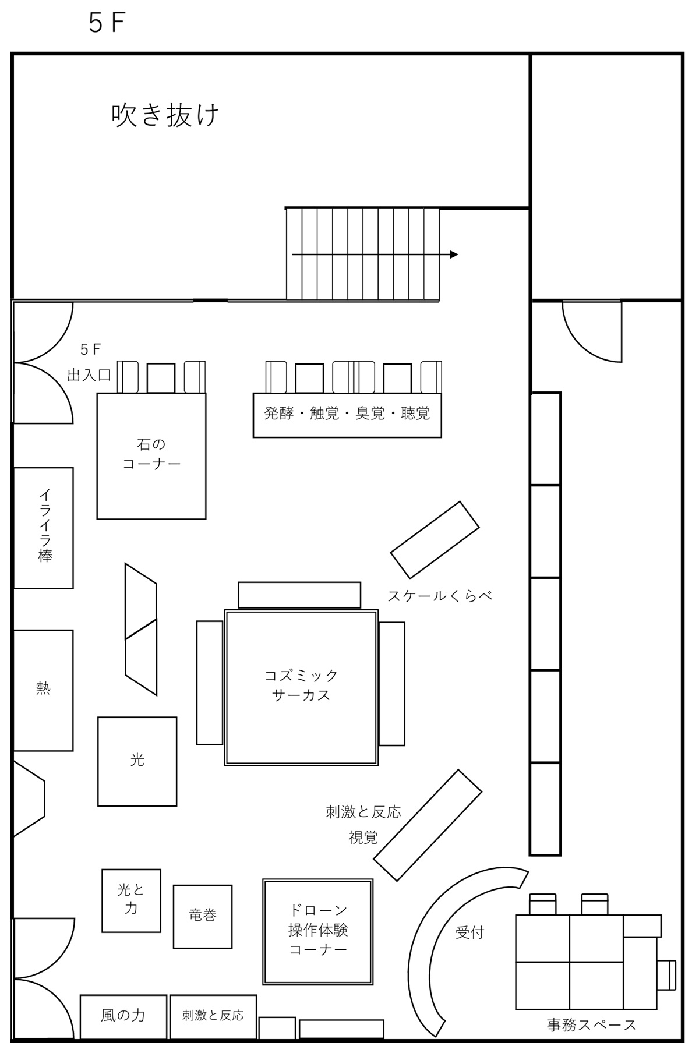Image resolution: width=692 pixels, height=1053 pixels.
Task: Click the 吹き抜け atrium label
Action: (165, 115)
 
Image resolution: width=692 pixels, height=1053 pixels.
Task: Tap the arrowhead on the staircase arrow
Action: (454, 255)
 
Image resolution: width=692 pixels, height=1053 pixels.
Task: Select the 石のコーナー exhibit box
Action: (151, 456)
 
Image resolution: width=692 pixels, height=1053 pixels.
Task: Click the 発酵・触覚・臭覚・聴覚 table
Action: (347, 415)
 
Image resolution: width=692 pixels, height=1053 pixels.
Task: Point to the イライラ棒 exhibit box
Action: (43, 528)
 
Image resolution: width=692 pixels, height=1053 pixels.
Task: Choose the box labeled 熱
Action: (43, 690)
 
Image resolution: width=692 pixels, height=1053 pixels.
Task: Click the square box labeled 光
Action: (137, 761)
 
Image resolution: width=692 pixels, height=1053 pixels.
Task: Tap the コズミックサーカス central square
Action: (301, 687)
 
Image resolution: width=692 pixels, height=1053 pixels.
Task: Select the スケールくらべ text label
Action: (440, 596)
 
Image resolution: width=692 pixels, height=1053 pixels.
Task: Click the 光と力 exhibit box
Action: (131, 900)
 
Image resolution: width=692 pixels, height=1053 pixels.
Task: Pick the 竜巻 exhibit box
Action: (203, 916)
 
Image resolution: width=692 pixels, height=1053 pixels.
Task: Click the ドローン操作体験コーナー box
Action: (318, 931)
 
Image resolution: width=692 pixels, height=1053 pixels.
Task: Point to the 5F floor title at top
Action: (107, 23)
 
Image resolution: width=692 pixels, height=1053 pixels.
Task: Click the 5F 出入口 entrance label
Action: (90, 362)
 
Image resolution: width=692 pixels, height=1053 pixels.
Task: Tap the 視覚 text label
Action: (363, 838)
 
